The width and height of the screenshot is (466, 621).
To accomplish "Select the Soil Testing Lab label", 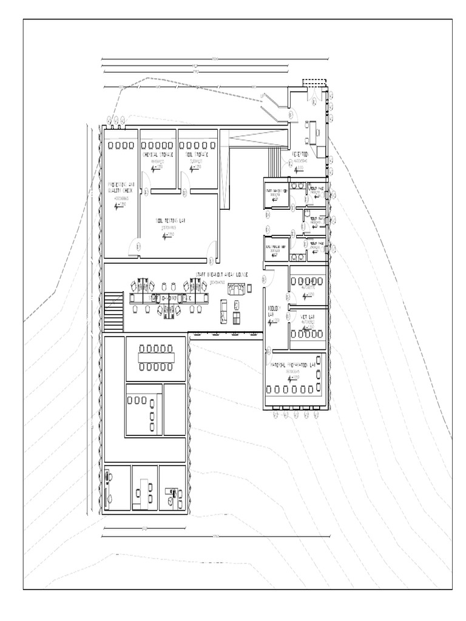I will coord(169,221).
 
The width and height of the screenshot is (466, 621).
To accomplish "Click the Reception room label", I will coord(302,156).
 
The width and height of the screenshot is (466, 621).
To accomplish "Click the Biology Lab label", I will coord(272,311).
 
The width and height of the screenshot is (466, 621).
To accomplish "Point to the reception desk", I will coord(314,130).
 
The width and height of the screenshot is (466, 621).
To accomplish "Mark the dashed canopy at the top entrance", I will coord(315,83).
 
